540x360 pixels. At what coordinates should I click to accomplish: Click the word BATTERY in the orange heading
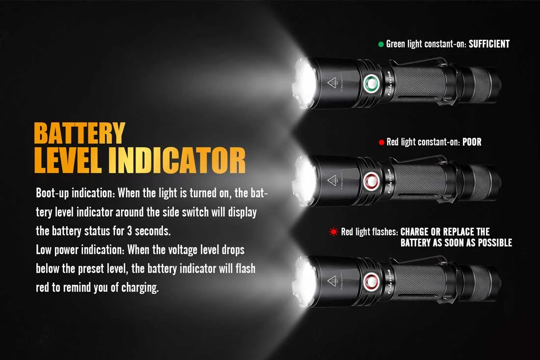pyautogui.click(x=80, y=134)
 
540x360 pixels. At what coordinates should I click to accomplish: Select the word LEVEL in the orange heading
pyautogui.click(x=68, y=160)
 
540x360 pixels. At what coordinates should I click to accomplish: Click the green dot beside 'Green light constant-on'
pyautogui.click(x=381, y=44)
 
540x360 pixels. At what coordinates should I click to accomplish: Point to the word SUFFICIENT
pyautogui.click(x=489, y=44)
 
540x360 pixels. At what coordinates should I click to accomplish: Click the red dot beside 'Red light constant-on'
pyautogui.click(x=381, y=142)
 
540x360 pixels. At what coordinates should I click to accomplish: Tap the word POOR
pyautogui.click(x=472, y=142)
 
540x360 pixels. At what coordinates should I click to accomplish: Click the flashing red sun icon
pyautogui.click(x=334, y=232)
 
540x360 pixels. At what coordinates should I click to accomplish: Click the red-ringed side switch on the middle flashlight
pyautogui.click(x=371, y=181)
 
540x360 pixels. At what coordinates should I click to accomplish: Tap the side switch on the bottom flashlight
pyautogui.click(x=371, y=281)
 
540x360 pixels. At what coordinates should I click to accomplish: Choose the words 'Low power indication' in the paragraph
pyautogui.click(x=80, y=249)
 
